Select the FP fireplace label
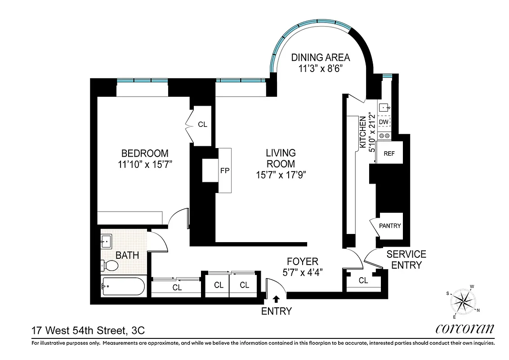pos(225,171)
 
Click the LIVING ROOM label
pos(280,158)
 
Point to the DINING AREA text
pos(320,58)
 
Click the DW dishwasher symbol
pos(384,122)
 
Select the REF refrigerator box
pos(389,153)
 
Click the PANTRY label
pos(389,226)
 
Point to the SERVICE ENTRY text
pos(406,260)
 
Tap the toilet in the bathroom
pos(109,266)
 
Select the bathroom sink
pos(107,242)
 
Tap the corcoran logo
pos(464,329)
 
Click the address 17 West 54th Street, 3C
pos(88,331)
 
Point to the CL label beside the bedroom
pos(202,124)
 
